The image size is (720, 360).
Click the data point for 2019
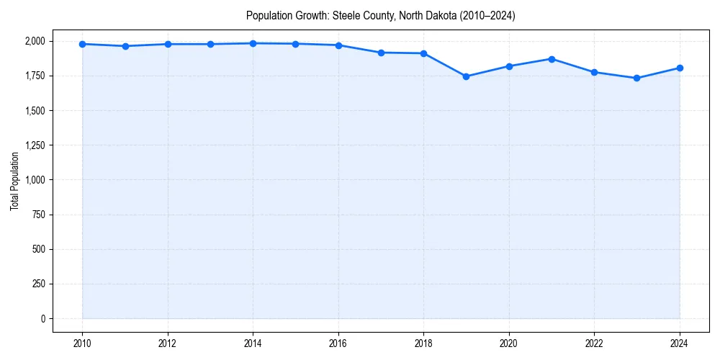coord(467,76)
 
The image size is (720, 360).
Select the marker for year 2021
coord(552,59)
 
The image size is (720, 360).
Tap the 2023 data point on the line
coord(637,78)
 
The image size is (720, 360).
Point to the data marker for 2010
coord(83,44)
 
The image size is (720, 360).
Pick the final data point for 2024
coord(680,68)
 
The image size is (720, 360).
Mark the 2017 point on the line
coord(381,53)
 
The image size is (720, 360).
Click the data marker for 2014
coord(253,43)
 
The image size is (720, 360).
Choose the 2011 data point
coord(125,46)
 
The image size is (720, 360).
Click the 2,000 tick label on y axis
coord(34,41)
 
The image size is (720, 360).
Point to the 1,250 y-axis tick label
coord(34,145)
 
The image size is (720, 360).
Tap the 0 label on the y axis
coord(42,318)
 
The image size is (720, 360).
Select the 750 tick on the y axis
coord(38,215)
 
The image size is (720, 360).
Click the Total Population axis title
coord(14,180)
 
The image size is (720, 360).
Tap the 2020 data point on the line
coord(509,66)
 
